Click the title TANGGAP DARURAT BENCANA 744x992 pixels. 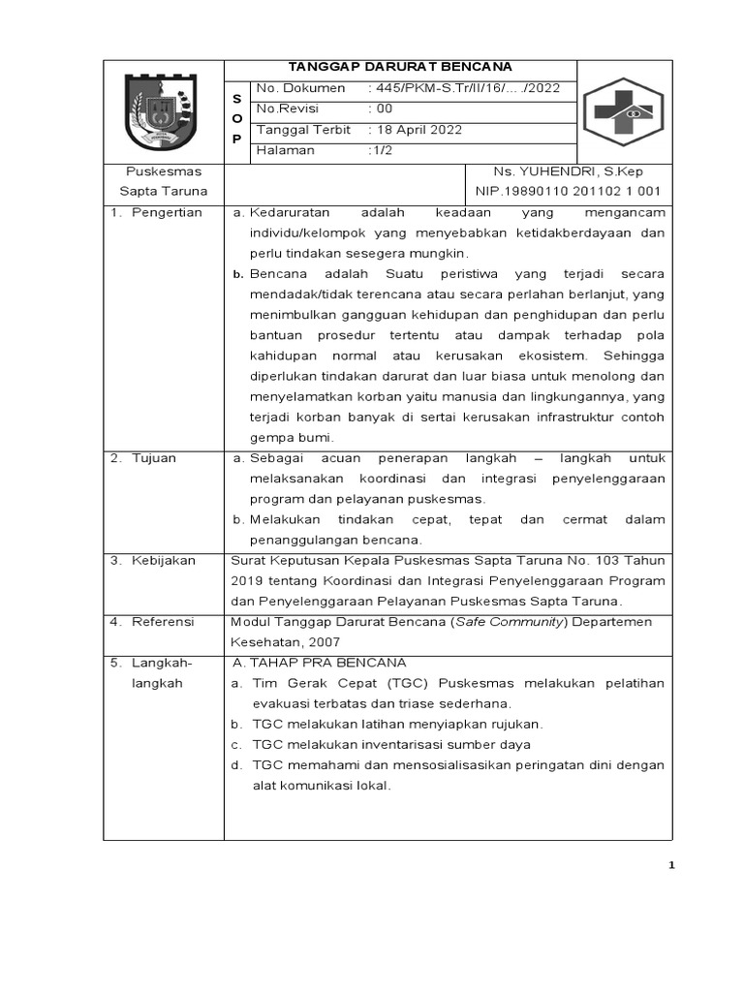(x=399, y=67)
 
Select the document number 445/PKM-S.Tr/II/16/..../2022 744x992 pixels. (x=464, y=89)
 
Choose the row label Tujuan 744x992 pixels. (x=154, y=457)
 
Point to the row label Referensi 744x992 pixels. (x=163, y=621)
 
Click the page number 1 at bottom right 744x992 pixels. (x=670, y=866)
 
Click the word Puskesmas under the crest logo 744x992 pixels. (x=163, y=171)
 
